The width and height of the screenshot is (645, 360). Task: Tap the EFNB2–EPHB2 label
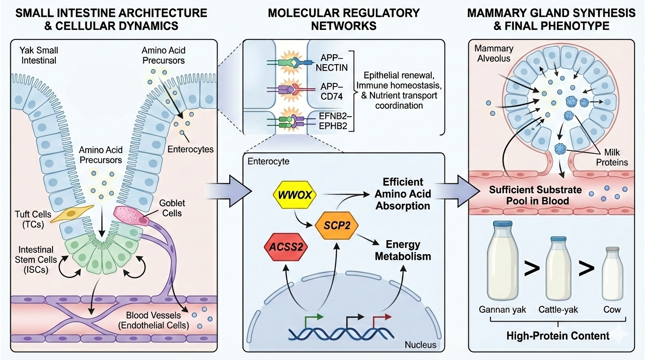[333, 121]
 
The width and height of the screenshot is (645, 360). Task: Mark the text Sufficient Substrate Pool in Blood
[528, 196]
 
